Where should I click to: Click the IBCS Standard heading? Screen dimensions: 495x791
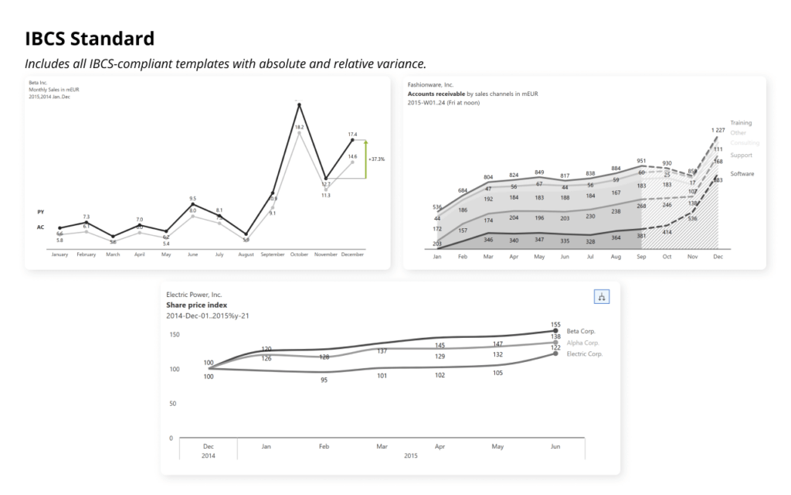[x=90, y=39]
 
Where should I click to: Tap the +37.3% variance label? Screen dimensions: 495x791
[x=377, y=159]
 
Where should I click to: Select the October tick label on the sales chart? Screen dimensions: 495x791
[x=299, y=254]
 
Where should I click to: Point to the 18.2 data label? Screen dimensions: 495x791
[x=299, y=127]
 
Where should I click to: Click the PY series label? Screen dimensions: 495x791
[x=40, y=211]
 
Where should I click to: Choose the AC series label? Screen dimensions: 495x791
[x=40, y=227]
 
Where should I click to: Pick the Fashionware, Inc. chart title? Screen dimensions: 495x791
[x=430, y=84]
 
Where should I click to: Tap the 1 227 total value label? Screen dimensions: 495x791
[x=718, y=130]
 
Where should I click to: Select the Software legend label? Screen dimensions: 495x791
[x=742, y=174]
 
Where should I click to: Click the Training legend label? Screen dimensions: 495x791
[x=741, y=123]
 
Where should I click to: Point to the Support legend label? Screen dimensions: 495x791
[x=742, y=155]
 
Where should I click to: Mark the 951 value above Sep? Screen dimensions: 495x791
[x=641, y=161]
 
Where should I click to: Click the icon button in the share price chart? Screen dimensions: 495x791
[x=602, y=296]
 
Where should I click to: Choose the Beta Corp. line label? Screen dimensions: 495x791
[x=581, y=331]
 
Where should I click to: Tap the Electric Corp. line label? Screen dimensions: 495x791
[x=585, y=353]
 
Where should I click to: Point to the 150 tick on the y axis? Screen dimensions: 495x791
[x=175, y=335]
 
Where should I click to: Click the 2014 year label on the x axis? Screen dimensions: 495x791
[x=209, y=456]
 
